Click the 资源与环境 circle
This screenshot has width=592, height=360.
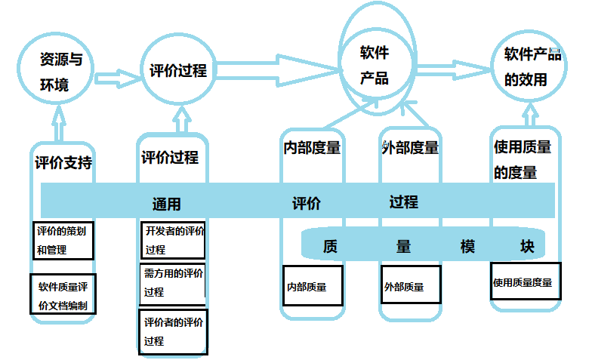click(55, 72)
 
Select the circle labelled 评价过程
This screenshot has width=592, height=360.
click(177, 72)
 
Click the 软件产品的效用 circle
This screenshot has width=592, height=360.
click(532, 66)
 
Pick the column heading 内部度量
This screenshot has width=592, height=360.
click(312, 148)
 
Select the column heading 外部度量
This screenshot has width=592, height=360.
click(410, 148)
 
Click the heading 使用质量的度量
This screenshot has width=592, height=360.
click(522, 159)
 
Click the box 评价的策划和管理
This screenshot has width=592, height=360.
click(63, 241)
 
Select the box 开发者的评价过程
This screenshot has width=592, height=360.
click(173, 240)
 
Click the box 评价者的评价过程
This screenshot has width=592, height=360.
click(173, 332)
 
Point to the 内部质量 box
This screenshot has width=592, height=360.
click(313, 286)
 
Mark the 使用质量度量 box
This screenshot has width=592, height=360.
click(525, 282)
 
